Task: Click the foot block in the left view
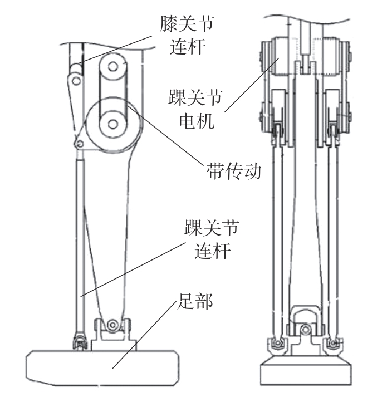pyautogui.click(x=103, y=365)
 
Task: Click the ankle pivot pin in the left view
pyautogui.click(x=114, y=324)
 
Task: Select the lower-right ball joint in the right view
pyautogui.click(x=334, y=343)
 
